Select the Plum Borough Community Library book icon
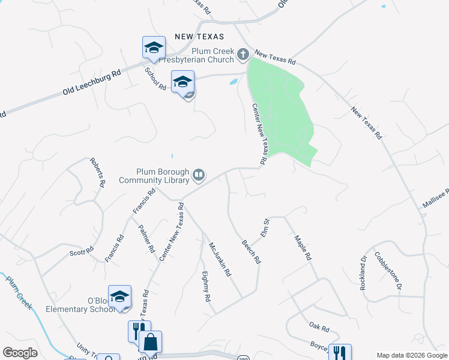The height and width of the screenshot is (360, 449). [x=199, y=175]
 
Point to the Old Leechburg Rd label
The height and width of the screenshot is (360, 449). [x=92, y=83]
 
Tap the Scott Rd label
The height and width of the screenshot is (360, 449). [x=82, y=252]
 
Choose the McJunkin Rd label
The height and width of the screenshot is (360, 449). [x=219, y=258]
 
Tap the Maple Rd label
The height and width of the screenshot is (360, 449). [x=303, y=247]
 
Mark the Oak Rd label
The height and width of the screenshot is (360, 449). [x=319, y=328]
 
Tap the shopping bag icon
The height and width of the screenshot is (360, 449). [x=151, y=342]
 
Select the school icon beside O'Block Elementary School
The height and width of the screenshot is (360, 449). [x=120, y=296]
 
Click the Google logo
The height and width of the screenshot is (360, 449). [x=20, y=352]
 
